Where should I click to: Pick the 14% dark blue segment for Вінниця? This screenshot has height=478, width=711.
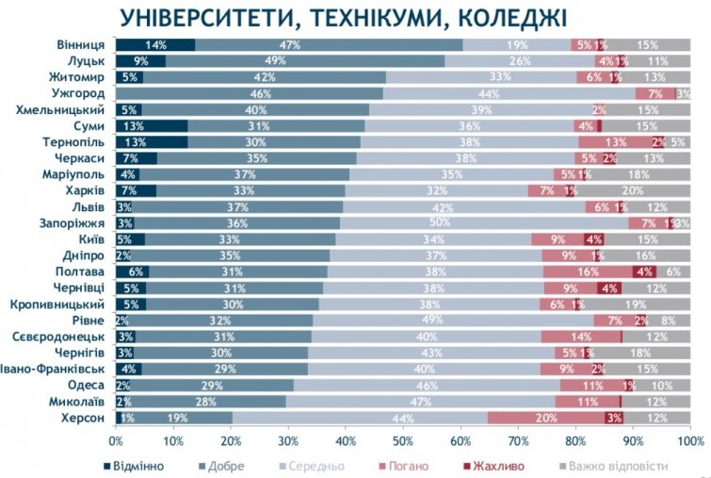point(155,45)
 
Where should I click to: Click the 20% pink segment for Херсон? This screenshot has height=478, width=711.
point(546,418)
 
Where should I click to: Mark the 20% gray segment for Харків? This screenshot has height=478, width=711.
point(633,190)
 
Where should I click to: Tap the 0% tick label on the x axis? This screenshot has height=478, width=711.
point(116,441)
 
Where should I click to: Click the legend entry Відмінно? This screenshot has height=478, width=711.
point(137,465)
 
